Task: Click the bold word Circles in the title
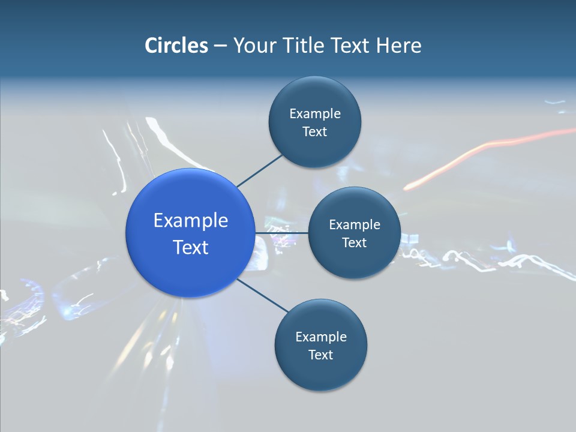tap(176, 46)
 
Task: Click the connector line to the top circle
tap(259, 170)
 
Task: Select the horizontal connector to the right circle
tap(281, 233)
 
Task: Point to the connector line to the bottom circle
tap(262, 295)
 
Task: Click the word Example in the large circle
tap(191, 221)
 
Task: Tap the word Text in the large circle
tap(191, 247)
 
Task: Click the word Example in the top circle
tap(315, 114)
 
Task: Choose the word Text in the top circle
tap(314, 132)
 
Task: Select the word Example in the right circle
tap(355, 225)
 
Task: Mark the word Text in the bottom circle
tap(320, 355)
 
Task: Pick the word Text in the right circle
tap(354, 243)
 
